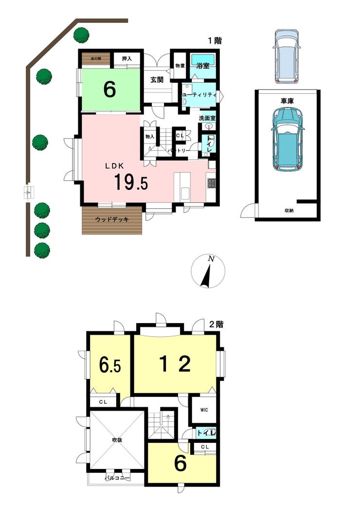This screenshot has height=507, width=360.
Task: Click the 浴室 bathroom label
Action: [202, 66]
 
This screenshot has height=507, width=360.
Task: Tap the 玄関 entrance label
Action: [157, 79]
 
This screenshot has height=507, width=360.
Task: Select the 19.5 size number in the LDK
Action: [131, 182]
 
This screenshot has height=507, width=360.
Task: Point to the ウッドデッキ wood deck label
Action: [112, 220]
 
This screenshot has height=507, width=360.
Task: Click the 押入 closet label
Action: [126, 59]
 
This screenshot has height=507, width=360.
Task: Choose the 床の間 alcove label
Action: [96, 59]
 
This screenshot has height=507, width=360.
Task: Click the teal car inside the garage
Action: [288, 139]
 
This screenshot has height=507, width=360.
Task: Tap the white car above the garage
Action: [287, 56]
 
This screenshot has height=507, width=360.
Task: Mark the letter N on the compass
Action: [211, 259]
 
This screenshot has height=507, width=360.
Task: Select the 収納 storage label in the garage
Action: [289, 211]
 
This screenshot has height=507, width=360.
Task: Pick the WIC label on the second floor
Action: [204, 410]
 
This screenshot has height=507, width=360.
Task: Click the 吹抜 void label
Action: [117, 440]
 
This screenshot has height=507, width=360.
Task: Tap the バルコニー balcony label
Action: [117, 478]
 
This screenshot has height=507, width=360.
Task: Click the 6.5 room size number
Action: [110, 366]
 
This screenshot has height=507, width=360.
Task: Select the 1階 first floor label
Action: [215, 41]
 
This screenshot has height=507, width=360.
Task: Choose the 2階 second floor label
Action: [216, 325]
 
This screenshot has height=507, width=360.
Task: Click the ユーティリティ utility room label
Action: [199, 95]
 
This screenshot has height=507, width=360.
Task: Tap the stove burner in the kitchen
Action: [211, 183]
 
